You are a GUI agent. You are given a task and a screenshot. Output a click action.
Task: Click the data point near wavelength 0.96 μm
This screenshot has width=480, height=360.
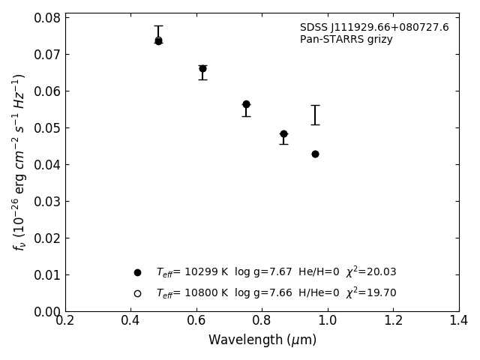[315, 154]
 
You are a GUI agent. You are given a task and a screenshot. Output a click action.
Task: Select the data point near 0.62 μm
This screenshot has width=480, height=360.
[202, 68]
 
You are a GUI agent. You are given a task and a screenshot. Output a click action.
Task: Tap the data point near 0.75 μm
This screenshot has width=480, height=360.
[246, 104]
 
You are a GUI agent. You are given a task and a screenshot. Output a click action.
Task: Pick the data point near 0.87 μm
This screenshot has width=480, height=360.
[283, 134]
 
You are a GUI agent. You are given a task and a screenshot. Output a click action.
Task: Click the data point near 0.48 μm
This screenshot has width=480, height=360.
[158, 40]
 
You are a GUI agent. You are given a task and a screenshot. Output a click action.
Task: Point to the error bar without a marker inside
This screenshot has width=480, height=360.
[315, 115]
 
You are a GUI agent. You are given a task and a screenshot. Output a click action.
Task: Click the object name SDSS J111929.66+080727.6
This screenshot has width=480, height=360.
[374, 28]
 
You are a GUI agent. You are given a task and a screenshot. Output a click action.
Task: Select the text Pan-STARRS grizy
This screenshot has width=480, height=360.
[346, 40]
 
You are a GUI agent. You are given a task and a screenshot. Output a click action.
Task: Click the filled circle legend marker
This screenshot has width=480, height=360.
[137, 272]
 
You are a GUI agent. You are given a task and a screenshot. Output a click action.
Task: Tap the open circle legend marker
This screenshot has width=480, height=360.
[137, 293]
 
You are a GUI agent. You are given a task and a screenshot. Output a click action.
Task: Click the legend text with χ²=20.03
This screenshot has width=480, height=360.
[276, 272]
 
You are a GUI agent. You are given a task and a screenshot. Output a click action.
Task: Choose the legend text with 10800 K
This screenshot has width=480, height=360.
[276, 293]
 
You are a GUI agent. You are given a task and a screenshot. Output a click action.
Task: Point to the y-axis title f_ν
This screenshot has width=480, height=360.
[19, 161]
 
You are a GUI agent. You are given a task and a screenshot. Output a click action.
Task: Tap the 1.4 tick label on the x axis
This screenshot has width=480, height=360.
[459, 321]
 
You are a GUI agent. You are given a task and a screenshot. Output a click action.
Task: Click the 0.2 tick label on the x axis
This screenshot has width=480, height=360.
[65, 321]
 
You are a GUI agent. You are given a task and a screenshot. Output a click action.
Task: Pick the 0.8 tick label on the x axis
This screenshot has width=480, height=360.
[262, 321]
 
